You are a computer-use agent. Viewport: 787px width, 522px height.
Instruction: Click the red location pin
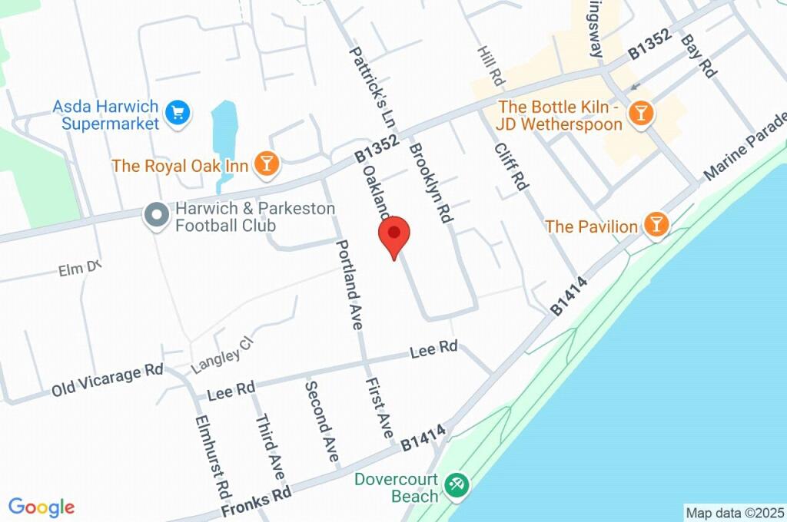click(x=394, y=235)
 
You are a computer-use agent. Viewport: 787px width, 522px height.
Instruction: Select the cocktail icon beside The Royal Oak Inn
click(x=267, y=164)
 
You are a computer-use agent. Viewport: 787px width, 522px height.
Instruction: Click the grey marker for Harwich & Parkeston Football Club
click(x=158, y=216)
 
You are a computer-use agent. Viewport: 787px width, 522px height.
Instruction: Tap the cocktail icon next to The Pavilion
click(x=657, y=225)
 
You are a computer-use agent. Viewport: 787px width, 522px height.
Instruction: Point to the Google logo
click(x=42, y=507)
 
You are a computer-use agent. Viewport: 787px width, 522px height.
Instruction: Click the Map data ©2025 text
click(x=735, y=512)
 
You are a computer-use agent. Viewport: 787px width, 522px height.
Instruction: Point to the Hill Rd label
click(x=490, y=65)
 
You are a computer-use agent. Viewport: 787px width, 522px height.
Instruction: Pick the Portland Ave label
click(x=348, y=283)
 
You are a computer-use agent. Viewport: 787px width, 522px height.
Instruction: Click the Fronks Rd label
click(x=256, y=499)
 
